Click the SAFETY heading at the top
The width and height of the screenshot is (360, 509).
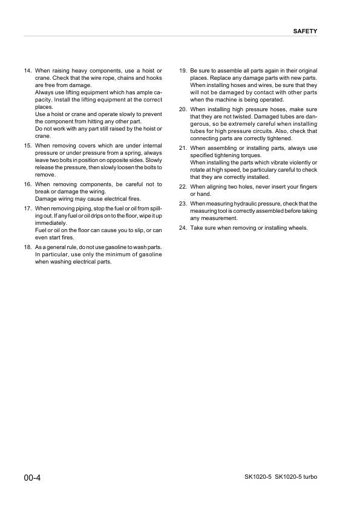[x=305, y=30]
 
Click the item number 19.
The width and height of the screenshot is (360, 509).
[x=183, y=71]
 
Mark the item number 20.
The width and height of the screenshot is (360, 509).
[x=183, y=109]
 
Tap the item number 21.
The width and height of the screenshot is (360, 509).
[x=183, y=148]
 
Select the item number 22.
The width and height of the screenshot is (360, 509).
[x=183, y=187]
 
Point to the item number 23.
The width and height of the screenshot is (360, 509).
[x=183, y=204]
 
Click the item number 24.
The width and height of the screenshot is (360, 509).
[x=183, y=228]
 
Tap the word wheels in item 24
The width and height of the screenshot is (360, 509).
[x=298, y=228]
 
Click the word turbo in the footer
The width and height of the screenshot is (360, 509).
[x=309, y=478]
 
